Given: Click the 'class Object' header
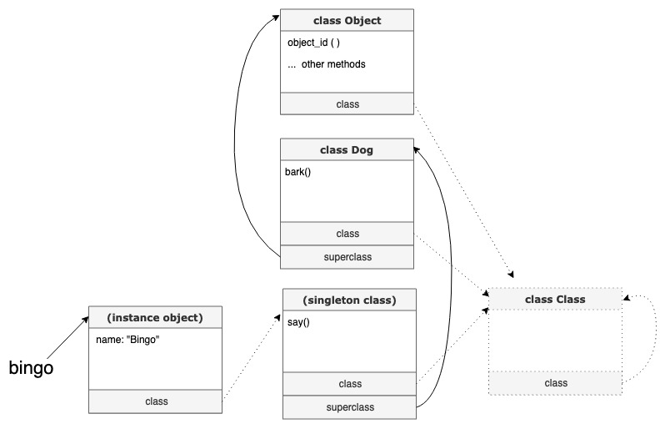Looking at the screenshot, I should [x=346, y=20].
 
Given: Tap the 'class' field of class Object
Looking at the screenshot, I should [x=347, y=104].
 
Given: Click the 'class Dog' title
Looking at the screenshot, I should [x=346, y=150].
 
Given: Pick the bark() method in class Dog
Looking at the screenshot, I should [x=297, y=173].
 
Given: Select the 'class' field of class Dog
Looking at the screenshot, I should [x=347, y=234].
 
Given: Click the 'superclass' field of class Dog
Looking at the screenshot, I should [x=347, y=257].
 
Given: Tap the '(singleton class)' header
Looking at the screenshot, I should [x=350, y=300].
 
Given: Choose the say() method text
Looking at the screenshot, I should [x=297, y=322].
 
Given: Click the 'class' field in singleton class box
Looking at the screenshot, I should [x=350, y=384].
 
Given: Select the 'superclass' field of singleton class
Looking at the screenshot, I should [x=350, y=407].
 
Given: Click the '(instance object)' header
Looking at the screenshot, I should [x=155, y=318].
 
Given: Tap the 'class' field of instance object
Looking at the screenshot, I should [x=156, y=401].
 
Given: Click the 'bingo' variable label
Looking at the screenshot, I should [x=31, y=367].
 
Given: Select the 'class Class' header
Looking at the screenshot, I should [x=555, y=299].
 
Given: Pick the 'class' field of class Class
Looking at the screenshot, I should [x=556, y=383].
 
